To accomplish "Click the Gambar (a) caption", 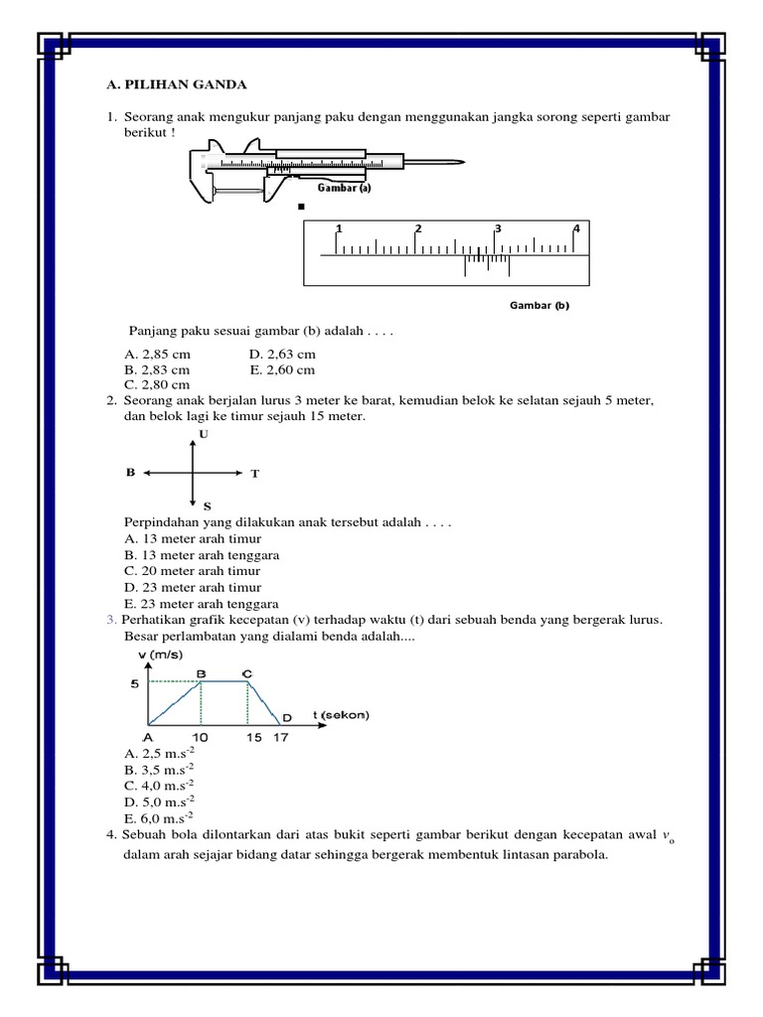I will [x=344, y=187].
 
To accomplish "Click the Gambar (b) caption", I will [x=539, y=306].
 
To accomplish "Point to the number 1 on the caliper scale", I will [x=339, y=229].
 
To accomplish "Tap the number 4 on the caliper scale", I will [x=575, y=229].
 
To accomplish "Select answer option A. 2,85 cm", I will [x=157, y=354].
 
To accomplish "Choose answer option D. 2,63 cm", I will [x=282, y=354].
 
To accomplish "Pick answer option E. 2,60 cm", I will [x=282, y=369].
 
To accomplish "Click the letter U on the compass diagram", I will [x=204, y=435].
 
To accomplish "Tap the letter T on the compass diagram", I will [x=254, y=475].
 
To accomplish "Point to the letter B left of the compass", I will [x=129, y=474].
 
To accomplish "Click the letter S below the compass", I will [x=207, y=507].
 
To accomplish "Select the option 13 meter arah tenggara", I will [x=202, y=555].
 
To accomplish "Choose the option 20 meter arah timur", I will [x=193, y=571].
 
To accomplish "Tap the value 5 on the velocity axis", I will [x=133, y=683].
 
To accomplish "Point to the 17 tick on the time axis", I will [x=281, y=739].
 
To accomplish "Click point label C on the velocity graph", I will [x=247, y=673].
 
